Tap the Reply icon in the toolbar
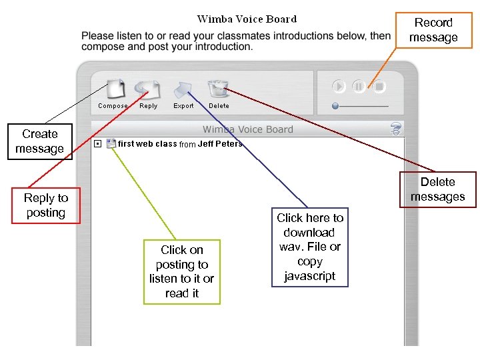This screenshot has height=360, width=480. point(148,89)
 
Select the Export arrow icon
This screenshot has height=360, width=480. point(183,89)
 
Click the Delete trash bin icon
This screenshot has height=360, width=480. point(218,88)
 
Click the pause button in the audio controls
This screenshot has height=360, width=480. point(359,86)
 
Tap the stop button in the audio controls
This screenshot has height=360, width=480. point(379,86)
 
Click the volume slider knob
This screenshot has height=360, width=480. point(335,106)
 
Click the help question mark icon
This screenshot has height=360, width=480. point(396,129)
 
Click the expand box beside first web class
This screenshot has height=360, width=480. point(97,143)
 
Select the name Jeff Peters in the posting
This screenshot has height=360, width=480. point(220,144)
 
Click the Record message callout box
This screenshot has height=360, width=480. point(433,30)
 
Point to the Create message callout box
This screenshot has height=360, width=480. point(39,141)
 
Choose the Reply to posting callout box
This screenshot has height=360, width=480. point(45,205)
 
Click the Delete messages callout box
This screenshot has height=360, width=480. point(438,189)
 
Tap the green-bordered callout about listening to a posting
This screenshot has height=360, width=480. point(181,271)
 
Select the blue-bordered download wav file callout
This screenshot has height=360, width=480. point(310,247)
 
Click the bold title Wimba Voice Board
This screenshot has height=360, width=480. point(247,19)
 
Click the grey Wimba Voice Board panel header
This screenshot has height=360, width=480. point(247,129)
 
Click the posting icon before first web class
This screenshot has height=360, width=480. point(111,143)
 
